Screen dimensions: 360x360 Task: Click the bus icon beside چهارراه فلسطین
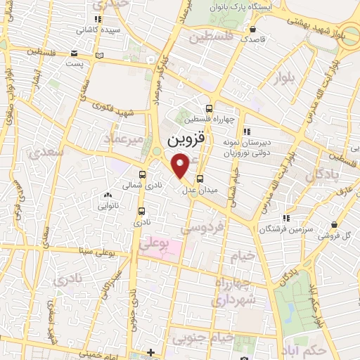pos(208,108)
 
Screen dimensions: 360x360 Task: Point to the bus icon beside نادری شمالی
pos(143,175)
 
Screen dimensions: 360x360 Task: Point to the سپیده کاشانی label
pos(98,30)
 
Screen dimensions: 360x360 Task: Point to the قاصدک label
pos(252,40)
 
